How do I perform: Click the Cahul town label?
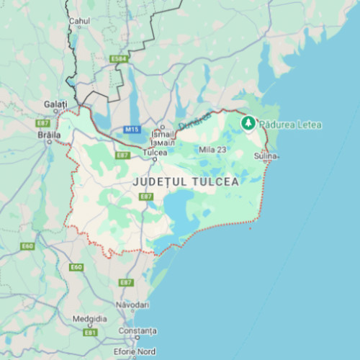click(x=79, y=22)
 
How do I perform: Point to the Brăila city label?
click(x=49, y=135)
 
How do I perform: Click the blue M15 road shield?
click(x=130, y=130)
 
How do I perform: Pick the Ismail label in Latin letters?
click(x=163, y=135)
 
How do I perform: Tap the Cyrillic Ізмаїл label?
click(x=163, y=142)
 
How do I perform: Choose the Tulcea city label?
click(x=155, y=153)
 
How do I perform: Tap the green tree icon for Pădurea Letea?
click(x=248, y=124)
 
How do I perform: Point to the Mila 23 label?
click(x=212, y=150)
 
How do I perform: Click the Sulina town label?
click(x=265, y=156)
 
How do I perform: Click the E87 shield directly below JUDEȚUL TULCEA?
click(x=146, y=197)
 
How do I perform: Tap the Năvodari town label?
click(x=130, y=305)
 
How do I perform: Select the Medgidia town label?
click(x=90, y=319)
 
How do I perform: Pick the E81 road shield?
click(x=90, y=333)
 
